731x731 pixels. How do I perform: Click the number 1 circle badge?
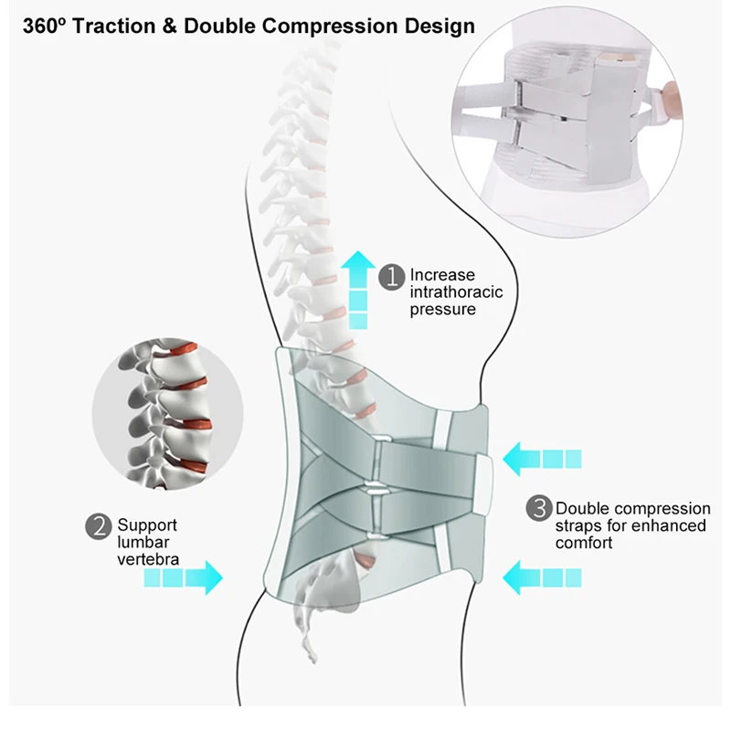click(392, 276)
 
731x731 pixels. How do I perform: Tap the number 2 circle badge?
click(99, 526)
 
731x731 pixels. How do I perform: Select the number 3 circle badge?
click(540, 509)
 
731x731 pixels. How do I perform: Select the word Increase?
click(443, 275)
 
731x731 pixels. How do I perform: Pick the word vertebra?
click(148, 559)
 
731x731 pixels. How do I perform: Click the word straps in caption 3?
click(579, 526)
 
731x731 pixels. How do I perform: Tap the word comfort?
click(584, 543)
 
